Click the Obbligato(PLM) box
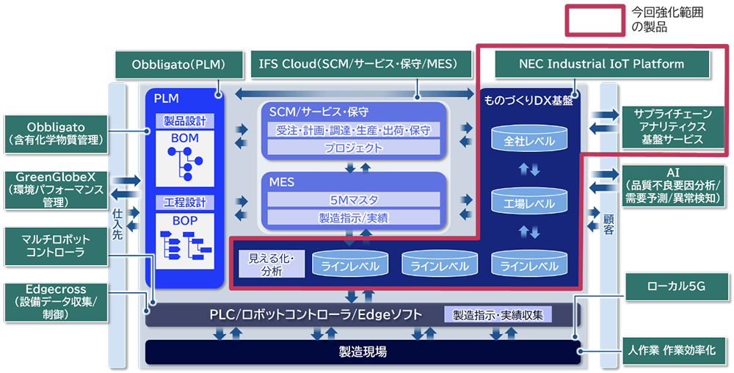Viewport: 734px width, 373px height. [178, 64]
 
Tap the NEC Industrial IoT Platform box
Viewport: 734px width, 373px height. [601, 64]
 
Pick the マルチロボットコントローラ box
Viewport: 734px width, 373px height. [55, 245]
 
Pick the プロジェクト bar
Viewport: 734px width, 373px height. [354, 148]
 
